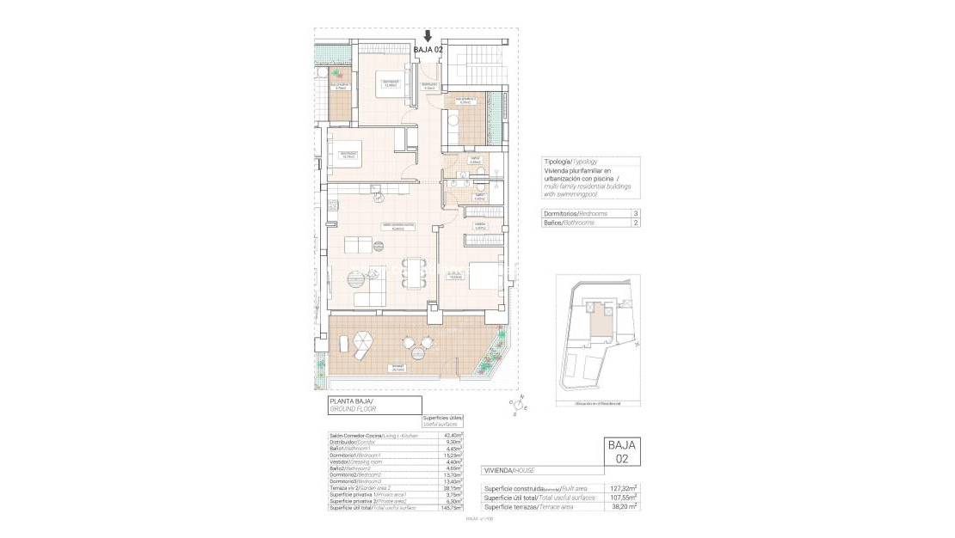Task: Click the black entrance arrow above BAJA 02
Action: (428, 36)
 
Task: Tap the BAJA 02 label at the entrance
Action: (428, 50)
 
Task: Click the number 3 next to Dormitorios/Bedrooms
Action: (635, 213)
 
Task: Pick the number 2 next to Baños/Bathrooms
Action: (635, 223)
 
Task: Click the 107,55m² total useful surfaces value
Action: (625, 498)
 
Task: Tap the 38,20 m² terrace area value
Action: (625, 508)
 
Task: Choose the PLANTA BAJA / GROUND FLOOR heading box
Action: (374, 405)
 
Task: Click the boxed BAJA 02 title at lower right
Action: (622, 451)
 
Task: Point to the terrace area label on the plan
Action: (397, 367)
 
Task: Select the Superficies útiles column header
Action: (443, 420)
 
